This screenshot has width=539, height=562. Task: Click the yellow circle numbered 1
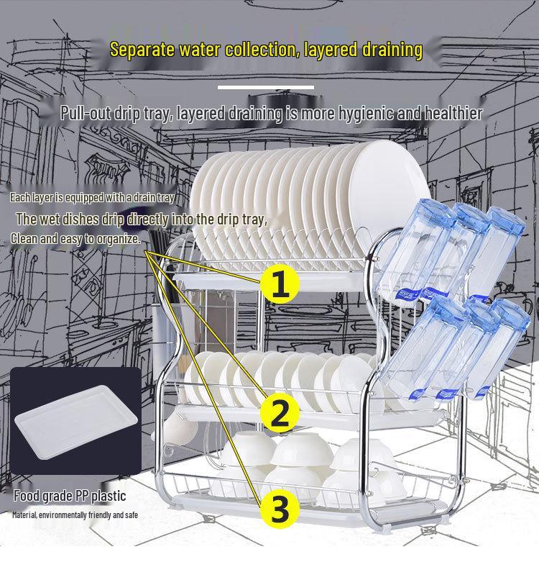(x=280, y=284)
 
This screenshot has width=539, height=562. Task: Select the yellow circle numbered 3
(x=280, y=509)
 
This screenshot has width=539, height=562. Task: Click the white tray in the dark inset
(x=76, y=422)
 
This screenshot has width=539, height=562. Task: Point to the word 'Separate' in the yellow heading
(x=142, y=50)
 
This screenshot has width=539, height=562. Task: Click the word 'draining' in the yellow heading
(x=392, y=50)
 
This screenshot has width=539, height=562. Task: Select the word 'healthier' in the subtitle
(x=453, y=113)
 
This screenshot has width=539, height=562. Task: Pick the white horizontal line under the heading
(x=266, y=87)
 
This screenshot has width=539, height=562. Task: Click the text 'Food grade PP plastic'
(x=70, y=496)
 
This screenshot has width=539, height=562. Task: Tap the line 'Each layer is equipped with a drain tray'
(x=92, y=197)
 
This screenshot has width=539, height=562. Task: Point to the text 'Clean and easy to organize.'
(x=75, y=239)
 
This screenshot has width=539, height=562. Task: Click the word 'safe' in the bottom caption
(x=132, y=515)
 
